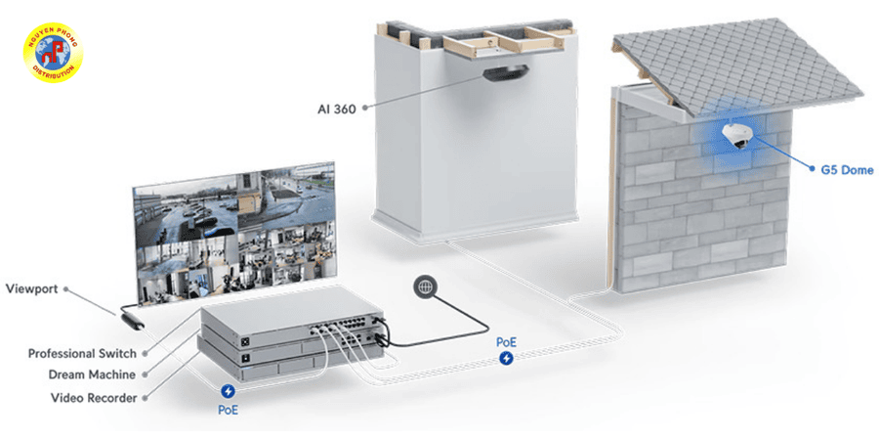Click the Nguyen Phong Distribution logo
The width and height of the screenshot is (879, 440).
[53, 53]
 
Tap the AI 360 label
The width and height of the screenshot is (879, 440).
[337, 109]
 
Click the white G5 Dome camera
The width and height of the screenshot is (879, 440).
[738, 135]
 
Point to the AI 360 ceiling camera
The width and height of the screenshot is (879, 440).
[506, 73]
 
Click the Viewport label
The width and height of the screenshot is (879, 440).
[31, 288]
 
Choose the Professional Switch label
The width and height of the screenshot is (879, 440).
[82, 354]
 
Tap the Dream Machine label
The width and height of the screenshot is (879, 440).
[92, 374]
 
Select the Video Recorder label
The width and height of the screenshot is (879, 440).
[94, 398]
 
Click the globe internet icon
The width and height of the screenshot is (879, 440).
[425, 286]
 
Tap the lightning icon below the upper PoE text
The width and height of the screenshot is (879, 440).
[506, 358]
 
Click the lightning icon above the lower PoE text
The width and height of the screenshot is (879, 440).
[229, 391]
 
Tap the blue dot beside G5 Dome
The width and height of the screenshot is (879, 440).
[812, 168]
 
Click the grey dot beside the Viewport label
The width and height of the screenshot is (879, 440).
[65, 289]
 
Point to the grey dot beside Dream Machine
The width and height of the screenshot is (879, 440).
[146, 374]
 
